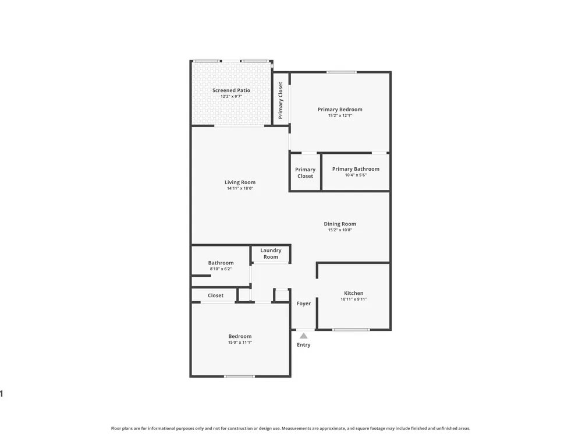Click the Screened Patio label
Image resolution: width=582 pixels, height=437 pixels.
point(231,90)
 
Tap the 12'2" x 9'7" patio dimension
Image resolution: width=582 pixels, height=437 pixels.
point(231,96)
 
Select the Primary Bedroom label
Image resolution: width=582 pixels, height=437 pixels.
point(340,110)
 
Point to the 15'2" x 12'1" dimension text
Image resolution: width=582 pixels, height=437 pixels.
point(340,115)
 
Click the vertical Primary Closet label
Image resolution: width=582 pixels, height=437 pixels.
point(281,100)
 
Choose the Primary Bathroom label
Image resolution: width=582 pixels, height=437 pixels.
point(356,169)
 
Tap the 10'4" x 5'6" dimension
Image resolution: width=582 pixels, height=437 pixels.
point(356,175)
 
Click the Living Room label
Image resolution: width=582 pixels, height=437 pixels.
point(240,182)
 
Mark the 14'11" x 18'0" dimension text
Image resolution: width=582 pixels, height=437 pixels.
point(240,188)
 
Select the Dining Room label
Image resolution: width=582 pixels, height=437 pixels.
point(340,224)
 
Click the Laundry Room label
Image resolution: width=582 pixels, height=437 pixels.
point(271,254)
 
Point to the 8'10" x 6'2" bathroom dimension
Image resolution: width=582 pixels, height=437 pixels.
point(221,269)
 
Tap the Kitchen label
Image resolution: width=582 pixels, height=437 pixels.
point(354,293)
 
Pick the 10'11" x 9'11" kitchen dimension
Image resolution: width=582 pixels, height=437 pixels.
point(354,299)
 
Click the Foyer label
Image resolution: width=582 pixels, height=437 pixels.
point(304,304)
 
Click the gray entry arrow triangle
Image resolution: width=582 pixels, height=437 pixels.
point(304,336)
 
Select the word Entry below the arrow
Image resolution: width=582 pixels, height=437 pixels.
point(304,345)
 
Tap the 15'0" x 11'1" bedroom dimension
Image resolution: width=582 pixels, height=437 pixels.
point(240,342)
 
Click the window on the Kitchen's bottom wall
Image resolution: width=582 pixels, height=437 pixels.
point(351,330)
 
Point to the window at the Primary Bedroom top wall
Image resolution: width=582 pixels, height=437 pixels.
point(342,72)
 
